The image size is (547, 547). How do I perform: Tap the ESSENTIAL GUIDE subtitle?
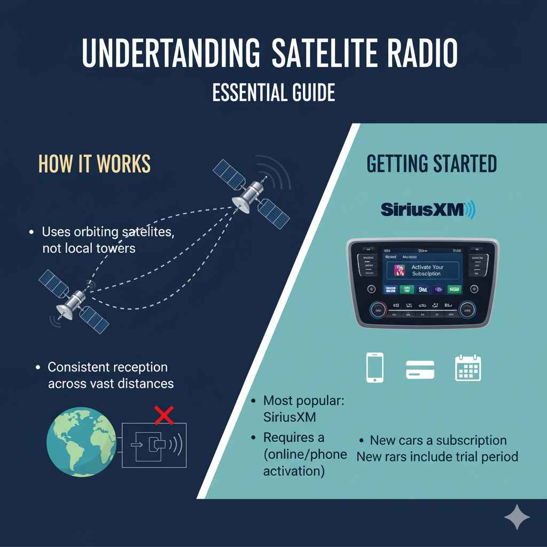(273, 92)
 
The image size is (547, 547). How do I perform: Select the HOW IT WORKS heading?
(95, 165)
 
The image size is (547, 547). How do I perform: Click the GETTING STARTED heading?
(432, 164)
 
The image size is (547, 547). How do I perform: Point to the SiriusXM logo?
(428, 209)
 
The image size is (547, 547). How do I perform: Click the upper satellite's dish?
(241, 205)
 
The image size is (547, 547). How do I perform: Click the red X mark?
(164, 414)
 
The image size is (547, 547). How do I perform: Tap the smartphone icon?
(374, 368)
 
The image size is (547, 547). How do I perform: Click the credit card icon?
(420, 369)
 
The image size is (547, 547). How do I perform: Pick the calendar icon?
(468, 368)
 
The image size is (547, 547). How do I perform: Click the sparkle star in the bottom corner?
(517, 517)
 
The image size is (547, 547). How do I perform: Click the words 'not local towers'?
(89, 248)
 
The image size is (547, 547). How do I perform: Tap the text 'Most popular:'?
(304, 401)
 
